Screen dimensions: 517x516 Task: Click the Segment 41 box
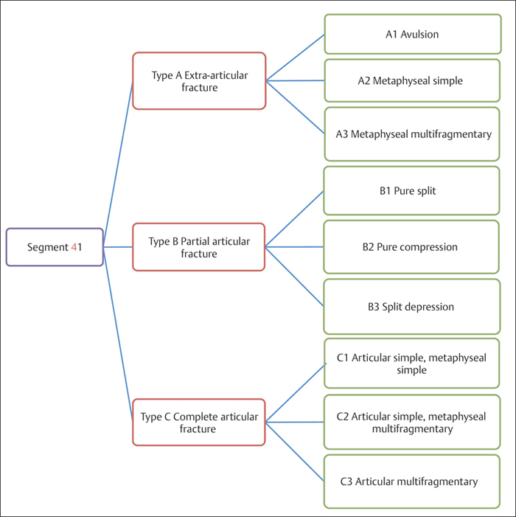(x=55, y=247)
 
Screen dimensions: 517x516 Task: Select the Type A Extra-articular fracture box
(x=198, y=81)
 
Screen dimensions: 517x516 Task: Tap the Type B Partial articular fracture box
(x=198, y=248)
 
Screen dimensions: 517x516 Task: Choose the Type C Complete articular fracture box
(x=198, y=423)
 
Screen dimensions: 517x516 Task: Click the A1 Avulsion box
(x=412, y=34)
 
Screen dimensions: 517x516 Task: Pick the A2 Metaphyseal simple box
(x=412, y=81)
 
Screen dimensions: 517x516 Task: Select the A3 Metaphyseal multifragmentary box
(x=412, y=134)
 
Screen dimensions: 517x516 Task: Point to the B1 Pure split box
(x=412, y=191)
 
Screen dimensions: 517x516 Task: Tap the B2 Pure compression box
(x=412, y=247)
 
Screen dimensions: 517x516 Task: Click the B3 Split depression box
(x=412, y=306)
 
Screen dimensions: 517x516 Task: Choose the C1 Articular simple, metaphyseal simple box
(x=412, y=364)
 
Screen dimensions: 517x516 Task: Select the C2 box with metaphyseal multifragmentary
(x=412, y=423)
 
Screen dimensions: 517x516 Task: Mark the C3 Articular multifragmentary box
(x=412, y=482)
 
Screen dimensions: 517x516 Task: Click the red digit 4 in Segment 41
(x=74, y=247)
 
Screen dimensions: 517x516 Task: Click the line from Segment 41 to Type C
(x=118, y=335)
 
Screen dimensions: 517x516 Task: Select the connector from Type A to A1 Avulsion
(x=295, y=58)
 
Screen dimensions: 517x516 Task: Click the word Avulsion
(x=421, y=34)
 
